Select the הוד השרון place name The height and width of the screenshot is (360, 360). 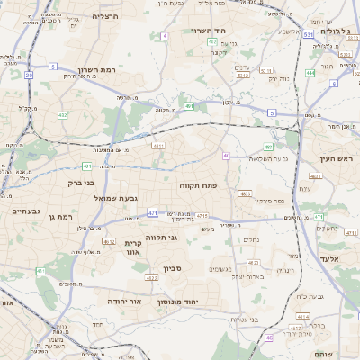(213, 31)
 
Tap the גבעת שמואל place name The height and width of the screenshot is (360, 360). (114, 195)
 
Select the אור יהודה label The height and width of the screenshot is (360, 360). (125, 300)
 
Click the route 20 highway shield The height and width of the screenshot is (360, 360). (28, 76)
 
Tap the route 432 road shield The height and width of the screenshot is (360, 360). (62, 115)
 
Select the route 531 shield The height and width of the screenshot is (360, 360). (308, 35)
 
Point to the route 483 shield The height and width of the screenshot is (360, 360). (268, 147)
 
